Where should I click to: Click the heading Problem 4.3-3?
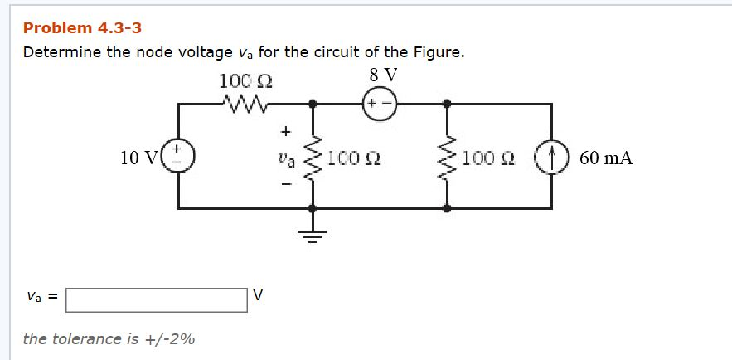pyautogui.click(x=82, y=28)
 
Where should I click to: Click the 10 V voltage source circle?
pyautogui.click(x=180, y=157)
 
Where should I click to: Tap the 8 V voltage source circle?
pyautogui.click(x=379, y=105)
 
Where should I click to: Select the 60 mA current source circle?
pyautogui.click(x=551, y=158)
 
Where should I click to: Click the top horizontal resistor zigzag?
pyautogui.click(x=245, y=105)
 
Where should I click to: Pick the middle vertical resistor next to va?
pyautogui.click(x=313, y=157)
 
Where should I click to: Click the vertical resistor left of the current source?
pyautogui.click(x=448, y=157)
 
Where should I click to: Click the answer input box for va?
pyautogui.click(x=157, y=299)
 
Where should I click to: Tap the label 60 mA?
pyautogui.click(x=606, y=158)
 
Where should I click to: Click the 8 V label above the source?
pyautogui.click(x=383, y=75)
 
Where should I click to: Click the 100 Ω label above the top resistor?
pyautogui.click(x=246, y=81)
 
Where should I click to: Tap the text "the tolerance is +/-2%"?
pyautogui.click(x=109, y=338)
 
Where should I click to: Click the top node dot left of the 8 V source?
pyautogui.click(x=313, y=105)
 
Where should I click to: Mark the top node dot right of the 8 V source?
pyautogui.click(x=448, y=105)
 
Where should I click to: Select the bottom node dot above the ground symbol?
pyautogui.click(x=313, y=209)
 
